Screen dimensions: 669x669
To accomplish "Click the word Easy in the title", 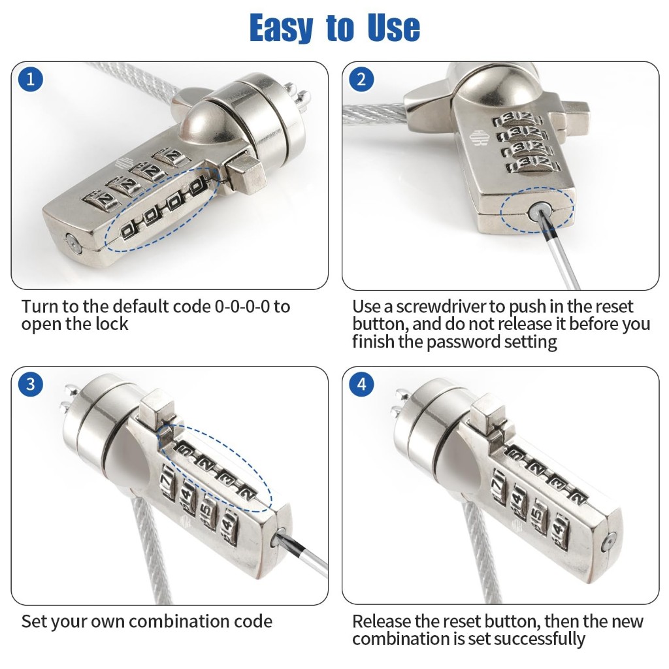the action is (281, 28).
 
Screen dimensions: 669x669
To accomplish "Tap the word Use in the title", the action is (393, 27).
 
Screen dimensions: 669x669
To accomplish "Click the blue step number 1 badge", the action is (31, 79).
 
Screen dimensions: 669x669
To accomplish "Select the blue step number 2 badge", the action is (361, 79).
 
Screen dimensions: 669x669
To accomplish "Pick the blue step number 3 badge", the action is (31, 384).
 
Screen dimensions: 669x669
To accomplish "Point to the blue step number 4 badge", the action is (361, 384).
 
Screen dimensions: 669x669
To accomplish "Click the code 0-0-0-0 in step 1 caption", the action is (242, 306).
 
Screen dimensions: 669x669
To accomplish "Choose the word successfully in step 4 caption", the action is (539, 639).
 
